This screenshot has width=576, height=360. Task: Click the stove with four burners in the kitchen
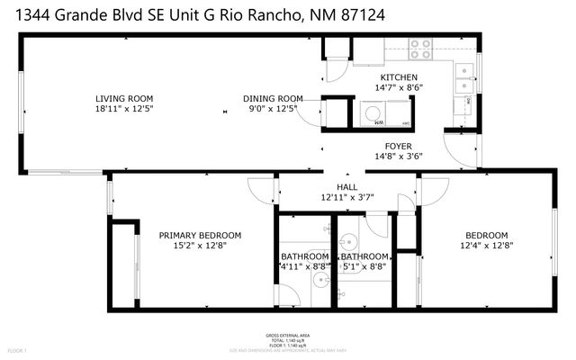click(x=419, y=49)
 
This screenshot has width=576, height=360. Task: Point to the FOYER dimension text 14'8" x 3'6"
click(x=398, y=155)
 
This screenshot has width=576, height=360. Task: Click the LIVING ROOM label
click(x=125, y=99)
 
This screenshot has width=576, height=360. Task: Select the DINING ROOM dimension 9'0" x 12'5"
click(x=272, y=109)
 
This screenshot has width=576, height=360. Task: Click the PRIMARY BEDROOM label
click(x=200, y=236)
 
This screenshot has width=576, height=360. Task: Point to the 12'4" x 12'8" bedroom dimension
click(x=486, y=245)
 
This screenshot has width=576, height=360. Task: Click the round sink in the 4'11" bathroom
click(x=320, y=280)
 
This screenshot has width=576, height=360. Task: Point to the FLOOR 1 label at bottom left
click(x=18, y=349)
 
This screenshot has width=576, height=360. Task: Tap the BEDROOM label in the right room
click(x=486, y=235)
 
